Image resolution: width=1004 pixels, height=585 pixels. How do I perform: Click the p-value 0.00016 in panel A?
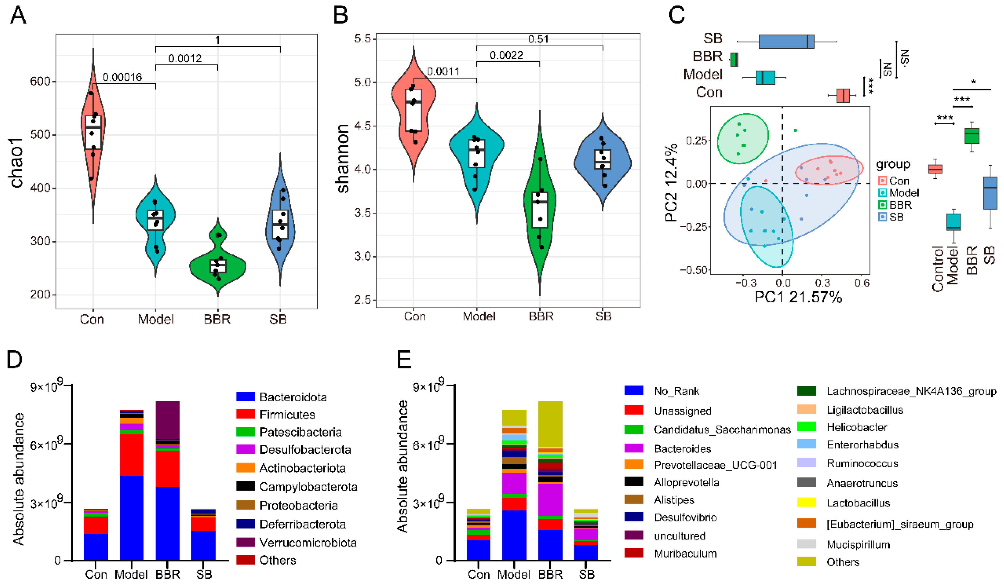[122, 77]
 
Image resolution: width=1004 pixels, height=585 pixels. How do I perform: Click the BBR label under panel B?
[541, 316]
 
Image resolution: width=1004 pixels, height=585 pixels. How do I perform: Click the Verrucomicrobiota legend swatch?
[245, 542]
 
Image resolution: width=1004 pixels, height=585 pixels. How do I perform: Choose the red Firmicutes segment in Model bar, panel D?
[132, 454]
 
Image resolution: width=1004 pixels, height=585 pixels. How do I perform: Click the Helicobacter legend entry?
[857, 427]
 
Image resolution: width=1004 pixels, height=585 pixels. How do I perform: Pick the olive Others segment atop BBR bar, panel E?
[550, 423]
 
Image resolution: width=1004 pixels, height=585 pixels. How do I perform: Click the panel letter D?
[15, 360]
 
